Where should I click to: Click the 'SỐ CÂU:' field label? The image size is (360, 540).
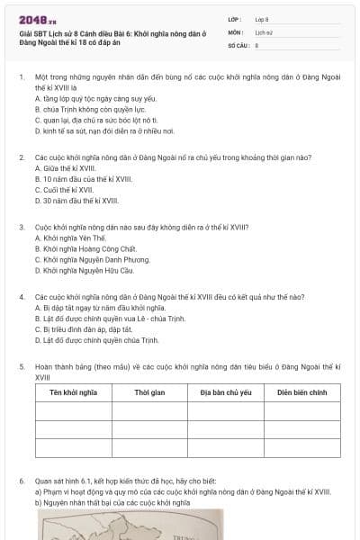(x=238, y=43)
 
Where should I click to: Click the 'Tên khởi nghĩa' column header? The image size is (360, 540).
(x=73, y=392)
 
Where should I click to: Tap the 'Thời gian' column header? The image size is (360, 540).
(x=149, y=392)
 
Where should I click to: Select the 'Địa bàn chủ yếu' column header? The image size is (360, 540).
(x=225, y=392)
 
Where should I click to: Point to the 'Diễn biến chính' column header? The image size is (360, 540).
(x=301, y=392)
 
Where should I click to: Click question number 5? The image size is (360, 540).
(x=22, y=367)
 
